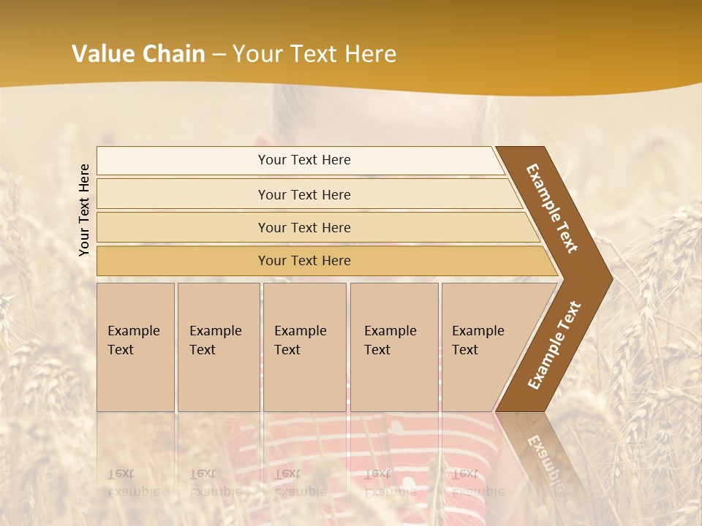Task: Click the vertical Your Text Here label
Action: pyautogui.click(x=84, y=210)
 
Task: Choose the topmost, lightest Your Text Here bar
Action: pyautogui.click(x=303, y=160)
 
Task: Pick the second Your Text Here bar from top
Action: pyautogui.click(x=303, y=194)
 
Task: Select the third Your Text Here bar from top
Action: pyautogui.click(x=303, y=227)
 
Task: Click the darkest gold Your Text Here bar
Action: pyautogui.click(x=303, y=261)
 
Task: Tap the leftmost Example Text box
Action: pyautogui.click(x=135, y=347)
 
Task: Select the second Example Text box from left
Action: pyautogui.click(x=218, y=347)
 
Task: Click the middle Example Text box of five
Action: pyautogui.click(x=304, y=347)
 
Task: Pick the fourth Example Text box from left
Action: pyautogui.click(x=394, y=347)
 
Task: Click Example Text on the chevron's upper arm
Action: pyautogui.click(x=552, y=208)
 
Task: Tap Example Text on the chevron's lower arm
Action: pyautogui.click(x=554, y=346)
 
